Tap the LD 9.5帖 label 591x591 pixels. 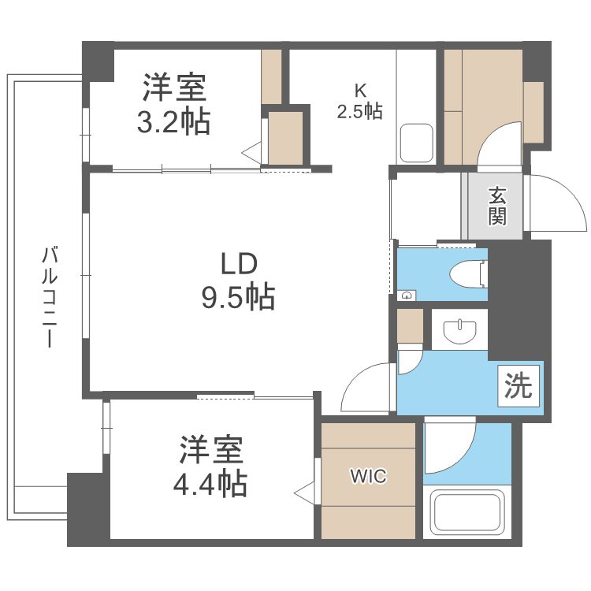click(238, 279)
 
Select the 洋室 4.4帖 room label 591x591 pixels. click(210, 465)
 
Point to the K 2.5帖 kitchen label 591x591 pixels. click(359, 101)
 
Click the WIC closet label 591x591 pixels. click(368, 477)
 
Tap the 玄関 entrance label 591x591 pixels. click(496, 205)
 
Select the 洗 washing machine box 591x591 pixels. click(519, 387)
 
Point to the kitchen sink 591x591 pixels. click(415, 142)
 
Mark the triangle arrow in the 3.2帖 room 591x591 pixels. click(251, 153)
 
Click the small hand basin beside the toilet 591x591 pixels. click(406, 295)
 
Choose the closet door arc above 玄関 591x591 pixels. click(500, 145)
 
